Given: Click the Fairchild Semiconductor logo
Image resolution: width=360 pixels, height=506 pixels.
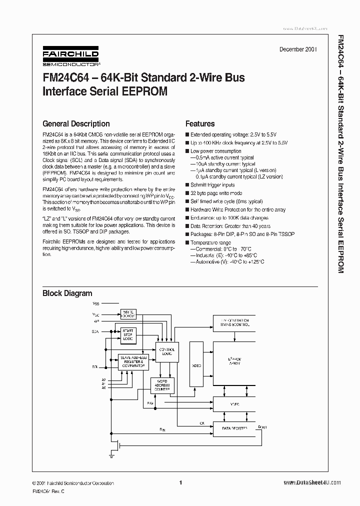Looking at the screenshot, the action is (70, 57).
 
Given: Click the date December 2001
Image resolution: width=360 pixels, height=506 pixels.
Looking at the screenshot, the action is (297, 50).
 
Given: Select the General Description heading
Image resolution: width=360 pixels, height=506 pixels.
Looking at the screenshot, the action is (76, 123).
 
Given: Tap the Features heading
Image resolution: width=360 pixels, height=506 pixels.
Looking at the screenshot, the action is (200, 123).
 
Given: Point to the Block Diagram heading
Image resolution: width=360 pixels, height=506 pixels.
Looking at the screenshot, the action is (67, 293).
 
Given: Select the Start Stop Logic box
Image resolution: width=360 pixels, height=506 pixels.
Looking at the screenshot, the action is (128, 335).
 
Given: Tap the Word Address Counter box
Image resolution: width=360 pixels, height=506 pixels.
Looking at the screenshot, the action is (161, 385).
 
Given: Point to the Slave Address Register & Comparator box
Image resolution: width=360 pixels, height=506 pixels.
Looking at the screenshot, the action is (133, 362).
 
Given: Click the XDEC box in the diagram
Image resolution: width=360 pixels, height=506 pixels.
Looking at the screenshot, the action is (196, 365).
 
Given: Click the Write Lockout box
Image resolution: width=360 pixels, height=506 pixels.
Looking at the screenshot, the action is (128, 313).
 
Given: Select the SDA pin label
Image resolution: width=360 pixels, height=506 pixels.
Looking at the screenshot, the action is (95, 331).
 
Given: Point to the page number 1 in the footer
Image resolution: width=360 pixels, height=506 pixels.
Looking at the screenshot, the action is (180, 482).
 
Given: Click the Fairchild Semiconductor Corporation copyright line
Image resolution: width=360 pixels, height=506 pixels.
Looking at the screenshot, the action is (73, 483).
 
